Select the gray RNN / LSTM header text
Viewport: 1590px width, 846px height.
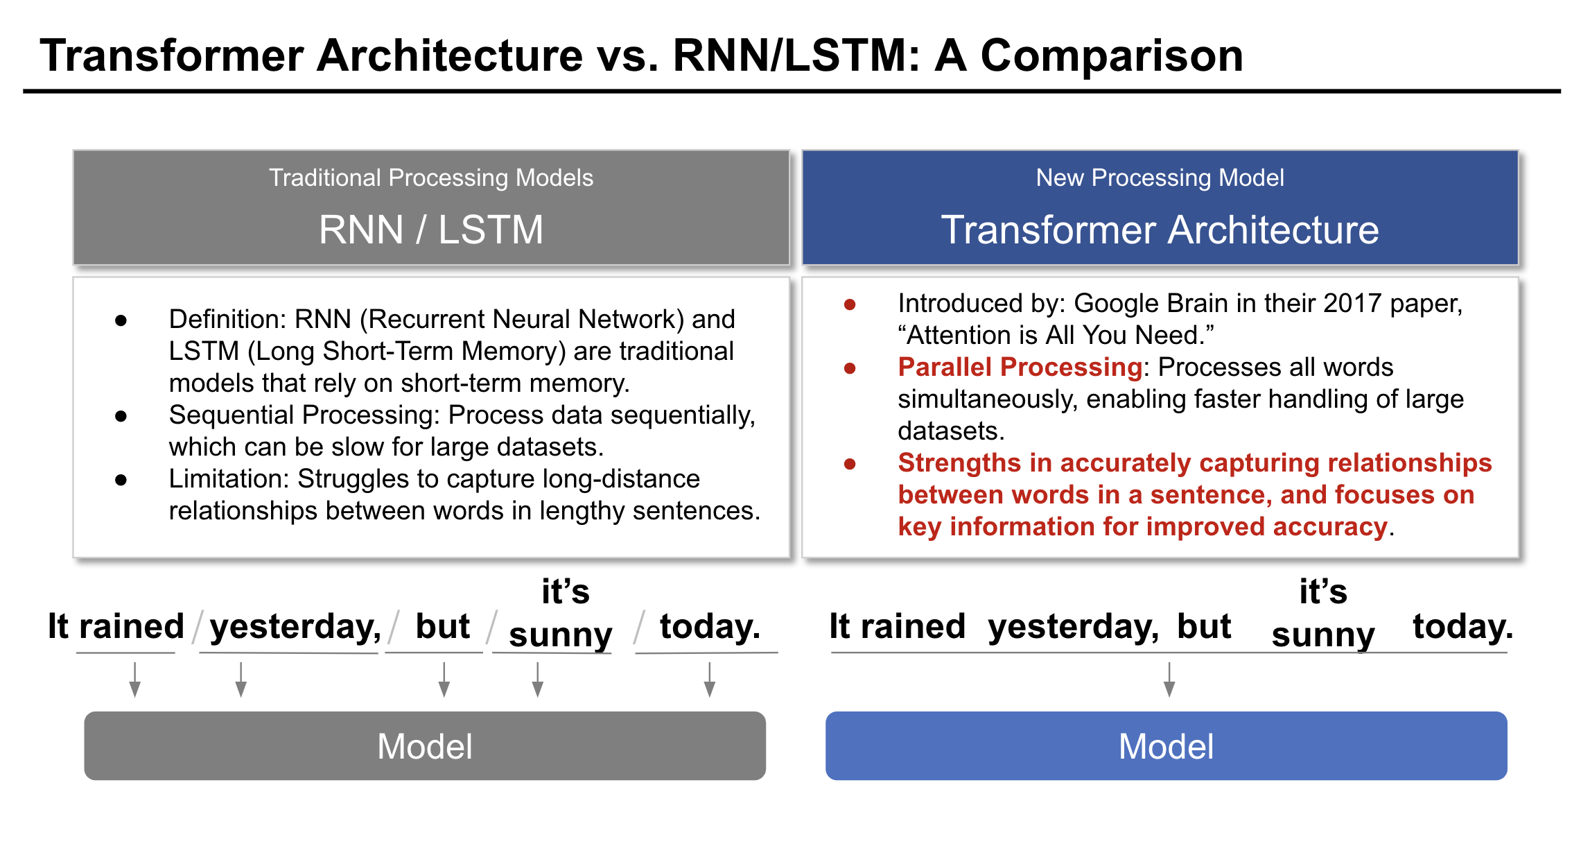pyautogui.click(x=431, y=230)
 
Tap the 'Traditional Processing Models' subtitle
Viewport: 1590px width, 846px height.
pyautogui.click(x=431, y=178)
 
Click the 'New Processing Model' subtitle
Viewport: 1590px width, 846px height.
pyautogui.click(x=1160, y=178)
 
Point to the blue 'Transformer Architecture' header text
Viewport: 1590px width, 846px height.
pyautogui.click(x=1160, y=230)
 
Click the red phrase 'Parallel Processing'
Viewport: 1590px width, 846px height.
pyautogui.click(x=1020, y=368)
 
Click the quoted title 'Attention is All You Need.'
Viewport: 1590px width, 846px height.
pyautogui.click(x=1056, y=336)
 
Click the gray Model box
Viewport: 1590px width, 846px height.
pyautogui.click(x=425, y=745)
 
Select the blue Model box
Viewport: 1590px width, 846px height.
pyautogui.click(x=1166, y=745)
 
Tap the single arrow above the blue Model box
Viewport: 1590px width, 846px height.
pyautogui.click(x=1169, y=680)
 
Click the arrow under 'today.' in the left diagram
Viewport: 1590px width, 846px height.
pyautogui.click(x=709, y=680)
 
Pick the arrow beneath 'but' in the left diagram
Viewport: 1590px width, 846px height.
pyautogui.click(x=444, y=680)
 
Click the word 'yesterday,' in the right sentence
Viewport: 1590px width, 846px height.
pyautogui.click(x=1074, y=628)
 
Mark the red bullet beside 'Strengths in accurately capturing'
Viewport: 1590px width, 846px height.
pyautogui.click(x=850, y=464)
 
